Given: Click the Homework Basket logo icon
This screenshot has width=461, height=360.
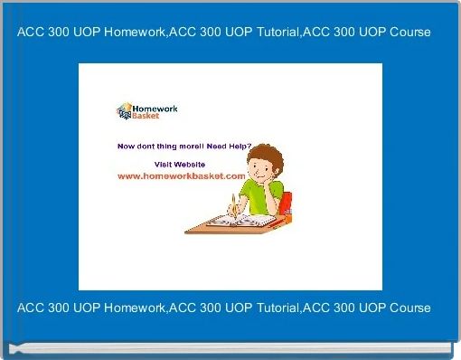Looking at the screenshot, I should (125, 111).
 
